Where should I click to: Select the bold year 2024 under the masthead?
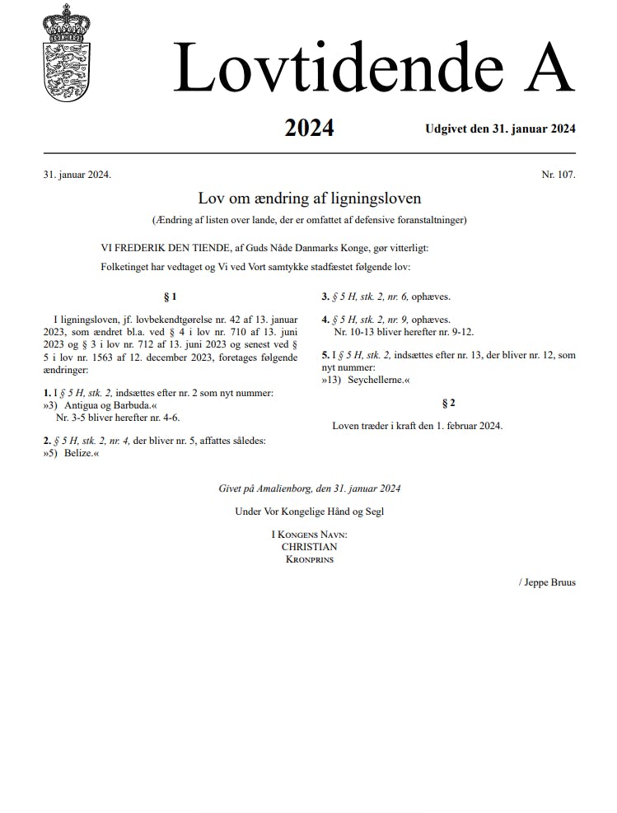tap(309, 128)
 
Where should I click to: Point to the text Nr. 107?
tap(558, 175)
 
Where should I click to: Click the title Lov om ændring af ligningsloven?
tap(309, 199)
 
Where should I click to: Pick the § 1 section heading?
tap(171, 297)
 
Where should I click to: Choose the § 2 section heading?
tap(448, 403)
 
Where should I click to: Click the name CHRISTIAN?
tap(309, 546)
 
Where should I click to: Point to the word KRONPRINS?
tap(309, 559)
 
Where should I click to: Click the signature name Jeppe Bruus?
tap(549, 582)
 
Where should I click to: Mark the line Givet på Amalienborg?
tap(309, 488)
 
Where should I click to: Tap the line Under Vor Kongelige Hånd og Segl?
tap(309, 511)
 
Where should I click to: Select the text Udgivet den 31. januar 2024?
tap(500, 128)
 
